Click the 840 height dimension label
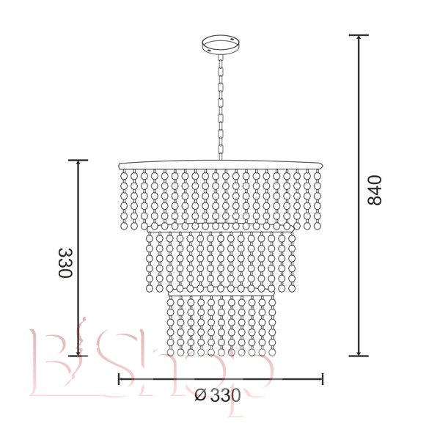[x=375, y=190]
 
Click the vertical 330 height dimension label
[x=65, y=263]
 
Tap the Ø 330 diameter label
[x=218, y=396]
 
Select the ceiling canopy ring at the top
[x=221, y=45]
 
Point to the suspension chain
[x=221, y=108]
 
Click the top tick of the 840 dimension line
[x=359, y=35]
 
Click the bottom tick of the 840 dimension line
[x=359, y=356]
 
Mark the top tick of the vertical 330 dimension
[x=78, y=160]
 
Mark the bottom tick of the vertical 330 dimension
[x=78, y=356]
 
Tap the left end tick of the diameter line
[x=119, y=379]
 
